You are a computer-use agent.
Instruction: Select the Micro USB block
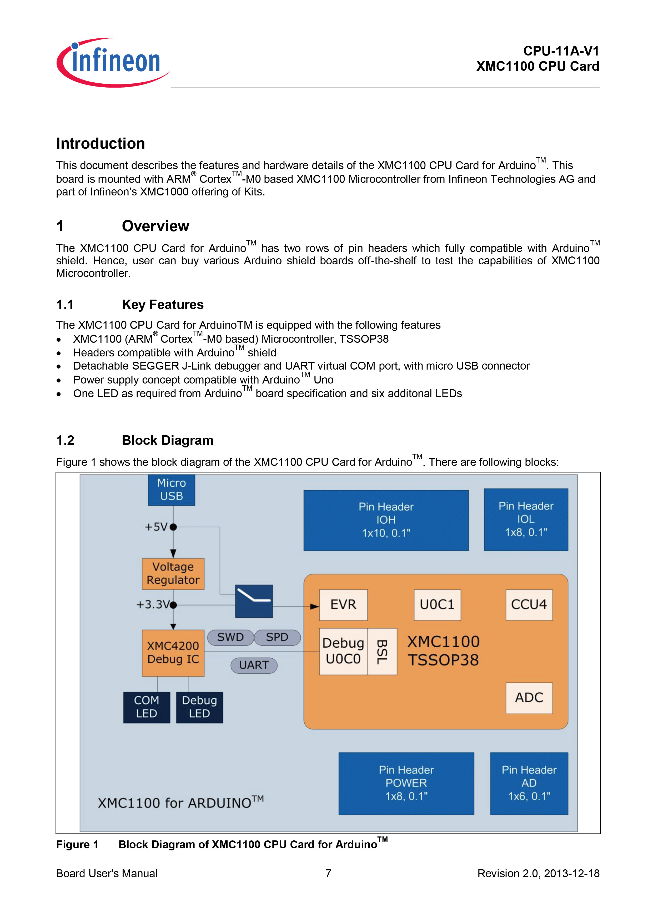click(x=172, y=490)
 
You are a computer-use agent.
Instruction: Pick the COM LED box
click(x=147, y=707)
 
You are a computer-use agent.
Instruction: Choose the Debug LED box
click(x=199, y=707)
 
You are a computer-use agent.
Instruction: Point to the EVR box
click(x=343, y=605)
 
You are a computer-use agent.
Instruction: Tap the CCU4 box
click(x=529, y=605)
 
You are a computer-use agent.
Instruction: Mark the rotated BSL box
click(x=382, y=652)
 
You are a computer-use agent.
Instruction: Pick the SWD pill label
click(x=230, y=637)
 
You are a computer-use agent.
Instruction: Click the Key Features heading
click(x=163, y=305)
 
